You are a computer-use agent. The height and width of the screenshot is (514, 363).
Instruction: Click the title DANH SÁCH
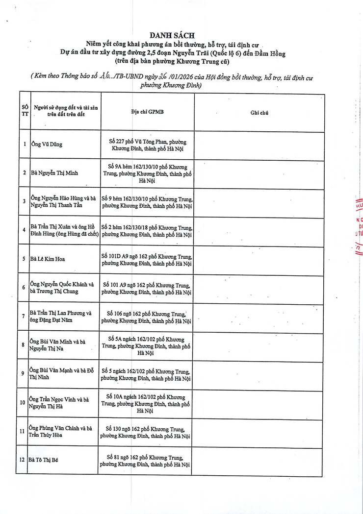[x=172, y=35]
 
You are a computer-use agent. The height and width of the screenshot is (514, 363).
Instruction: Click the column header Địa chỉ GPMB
[x=148, y=112]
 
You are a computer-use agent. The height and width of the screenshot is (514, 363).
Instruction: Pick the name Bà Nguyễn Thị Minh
[x=54, y=172]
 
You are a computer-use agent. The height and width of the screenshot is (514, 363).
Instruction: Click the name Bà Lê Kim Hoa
[x=48, y=259]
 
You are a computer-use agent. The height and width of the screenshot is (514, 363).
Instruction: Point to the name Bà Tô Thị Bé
[x=44, y=460]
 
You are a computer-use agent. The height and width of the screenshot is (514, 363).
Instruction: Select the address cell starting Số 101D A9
[x=147, y=260]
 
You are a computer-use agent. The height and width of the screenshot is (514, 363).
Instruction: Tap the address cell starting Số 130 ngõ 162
[x=145, y=433]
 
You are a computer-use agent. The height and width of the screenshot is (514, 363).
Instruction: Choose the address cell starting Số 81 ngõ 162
[x=145, y=460]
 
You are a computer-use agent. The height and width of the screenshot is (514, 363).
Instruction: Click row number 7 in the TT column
[x=23, y=316]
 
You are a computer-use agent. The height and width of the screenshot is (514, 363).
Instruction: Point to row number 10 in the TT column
[x=22, y=403]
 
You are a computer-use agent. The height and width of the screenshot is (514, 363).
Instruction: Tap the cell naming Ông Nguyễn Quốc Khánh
[x=62, y=287]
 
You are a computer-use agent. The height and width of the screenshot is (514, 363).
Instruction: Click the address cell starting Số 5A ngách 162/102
[x=146, y=345]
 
